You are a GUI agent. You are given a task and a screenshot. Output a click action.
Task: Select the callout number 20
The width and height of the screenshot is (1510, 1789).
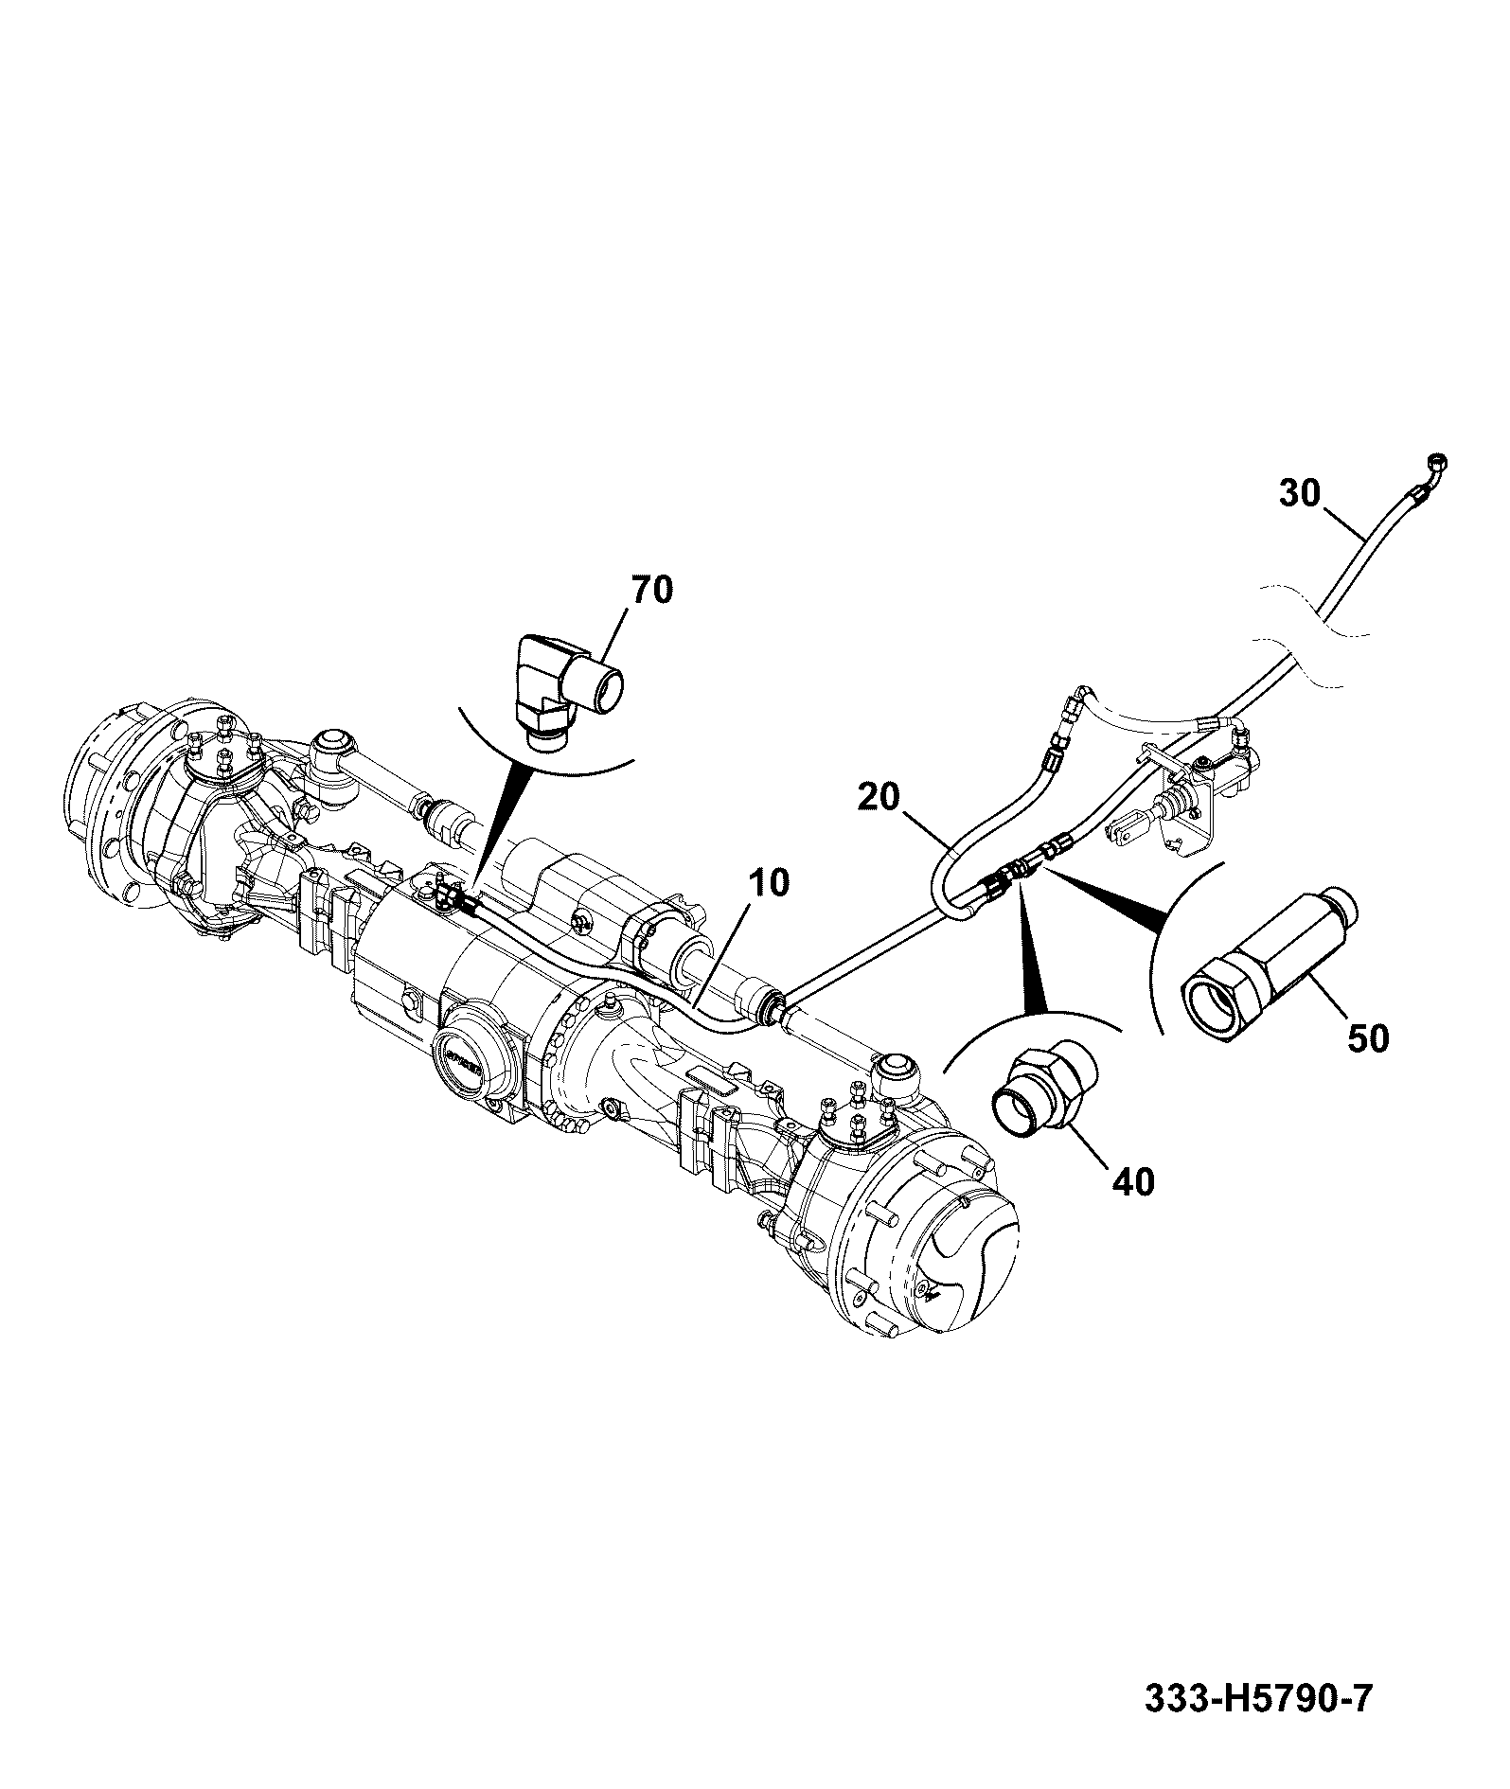tap(879, 797)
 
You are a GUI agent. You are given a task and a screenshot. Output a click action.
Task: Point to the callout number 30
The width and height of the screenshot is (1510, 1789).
tap(1300, 493)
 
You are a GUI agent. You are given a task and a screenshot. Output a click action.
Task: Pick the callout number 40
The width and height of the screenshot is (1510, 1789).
tap(1134, 1181)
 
